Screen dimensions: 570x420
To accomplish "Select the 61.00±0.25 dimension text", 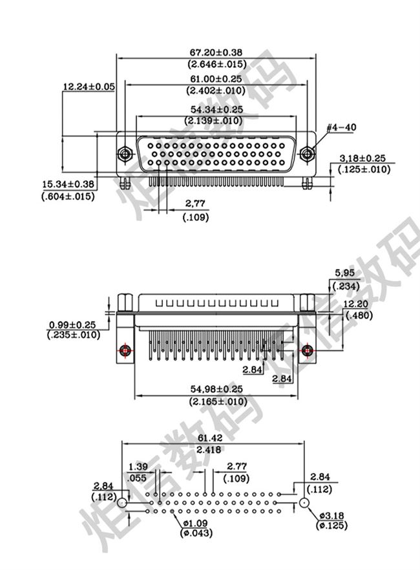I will coord(216,79).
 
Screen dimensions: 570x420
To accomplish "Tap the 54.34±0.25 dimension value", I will coord(216,110).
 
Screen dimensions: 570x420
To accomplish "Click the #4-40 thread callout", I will coord(341,127).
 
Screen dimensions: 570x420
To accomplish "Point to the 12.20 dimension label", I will coord(356,304).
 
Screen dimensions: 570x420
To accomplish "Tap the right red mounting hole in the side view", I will coord(308,351).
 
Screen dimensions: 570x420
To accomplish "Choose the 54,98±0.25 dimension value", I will coord(216,389).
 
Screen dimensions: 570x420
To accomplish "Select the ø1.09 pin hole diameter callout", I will coord(195,523).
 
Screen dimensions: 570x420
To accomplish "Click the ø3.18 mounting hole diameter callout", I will coord(334,517).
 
